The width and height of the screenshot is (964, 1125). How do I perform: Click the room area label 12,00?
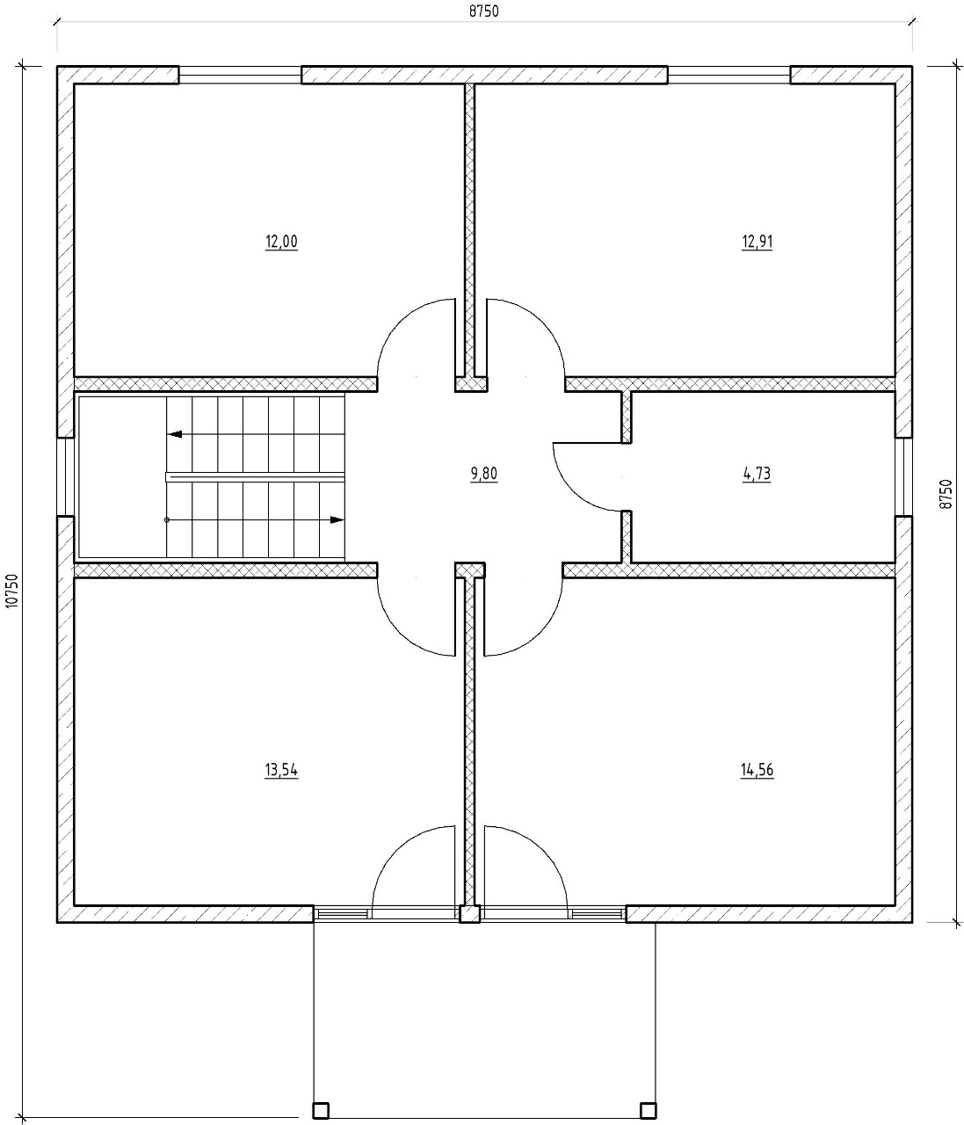(281, 241)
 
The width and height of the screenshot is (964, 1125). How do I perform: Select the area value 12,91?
(757, 241)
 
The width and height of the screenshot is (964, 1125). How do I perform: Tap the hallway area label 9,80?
(484, 474)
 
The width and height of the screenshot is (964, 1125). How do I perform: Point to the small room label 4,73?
(757, 474)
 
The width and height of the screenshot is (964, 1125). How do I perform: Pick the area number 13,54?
(281, 770)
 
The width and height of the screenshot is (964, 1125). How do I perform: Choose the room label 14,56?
(757, 770)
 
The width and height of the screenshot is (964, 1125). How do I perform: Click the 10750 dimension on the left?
(12, 591)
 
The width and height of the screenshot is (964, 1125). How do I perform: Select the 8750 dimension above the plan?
(484, 11)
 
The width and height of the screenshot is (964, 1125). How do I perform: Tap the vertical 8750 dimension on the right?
(946, 494)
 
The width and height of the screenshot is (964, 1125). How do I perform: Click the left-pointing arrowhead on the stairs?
(174, 434)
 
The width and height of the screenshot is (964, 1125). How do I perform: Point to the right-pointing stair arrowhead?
(337, 519)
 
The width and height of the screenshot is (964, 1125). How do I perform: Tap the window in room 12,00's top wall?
(240, 75)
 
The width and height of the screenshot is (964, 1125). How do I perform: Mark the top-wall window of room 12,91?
(728, 75)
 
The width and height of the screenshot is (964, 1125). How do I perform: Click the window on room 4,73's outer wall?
(903, 476)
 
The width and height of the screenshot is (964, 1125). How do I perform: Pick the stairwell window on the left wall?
(65, 476)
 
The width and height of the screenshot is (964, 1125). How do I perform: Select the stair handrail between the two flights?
(256, 477)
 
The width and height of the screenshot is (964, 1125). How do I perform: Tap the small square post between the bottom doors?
(470, 914)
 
